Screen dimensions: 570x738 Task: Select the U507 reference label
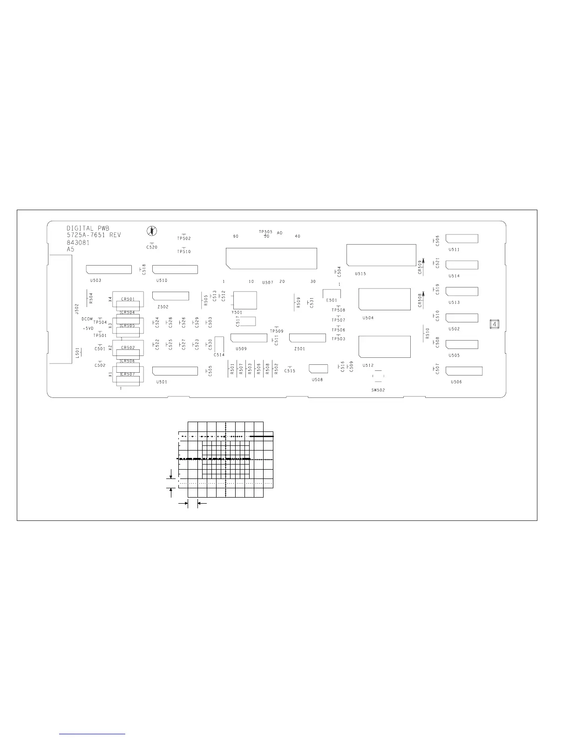(267, 282)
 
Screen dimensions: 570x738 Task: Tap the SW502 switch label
(378, 390)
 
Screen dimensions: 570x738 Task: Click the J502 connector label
(77, 308)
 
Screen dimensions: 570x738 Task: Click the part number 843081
(78, 242)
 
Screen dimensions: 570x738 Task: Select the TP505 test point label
(265, 232)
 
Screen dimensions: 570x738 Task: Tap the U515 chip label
(360, 274)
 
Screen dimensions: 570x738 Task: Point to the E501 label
(332, 301)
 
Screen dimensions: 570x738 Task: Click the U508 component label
(317, 380)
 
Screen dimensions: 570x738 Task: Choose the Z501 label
(299, 348)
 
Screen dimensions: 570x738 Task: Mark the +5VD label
(88, 328)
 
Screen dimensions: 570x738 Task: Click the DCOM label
(87, 319)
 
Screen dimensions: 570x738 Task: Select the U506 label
(456, 382)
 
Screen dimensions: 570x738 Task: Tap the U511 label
(454, 250)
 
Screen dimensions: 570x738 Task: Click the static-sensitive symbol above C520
(152, 231)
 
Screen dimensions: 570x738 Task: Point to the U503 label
(95, 280)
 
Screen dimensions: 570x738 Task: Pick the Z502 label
(163, 307)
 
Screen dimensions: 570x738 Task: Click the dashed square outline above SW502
(378, 376)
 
